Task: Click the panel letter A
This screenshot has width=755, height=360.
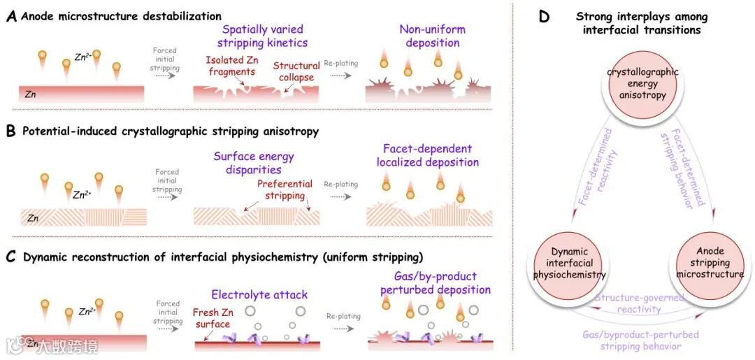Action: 11,16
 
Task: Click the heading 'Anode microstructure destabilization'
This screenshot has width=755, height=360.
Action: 122,16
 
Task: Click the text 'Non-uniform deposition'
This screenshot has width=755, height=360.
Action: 432,36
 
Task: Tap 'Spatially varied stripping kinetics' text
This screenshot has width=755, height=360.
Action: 262,36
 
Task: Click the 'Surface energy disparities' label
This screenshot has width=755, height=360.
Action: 254,163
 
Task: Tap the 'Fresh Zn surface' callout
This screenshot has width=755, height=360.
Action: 211,318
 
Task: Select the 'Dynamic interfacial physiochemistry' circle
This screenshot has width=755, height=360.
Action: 569,263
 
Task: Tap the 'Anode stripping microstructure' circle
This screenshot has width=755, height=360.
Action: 709,263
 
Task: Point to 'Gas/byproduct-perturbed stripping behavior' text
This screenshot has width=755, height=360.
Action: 640,340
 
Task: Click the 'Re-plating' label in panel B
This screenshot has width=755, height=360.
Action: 341,185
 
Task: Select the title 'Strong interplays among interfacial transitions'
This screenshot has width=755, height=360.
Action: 641,23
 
